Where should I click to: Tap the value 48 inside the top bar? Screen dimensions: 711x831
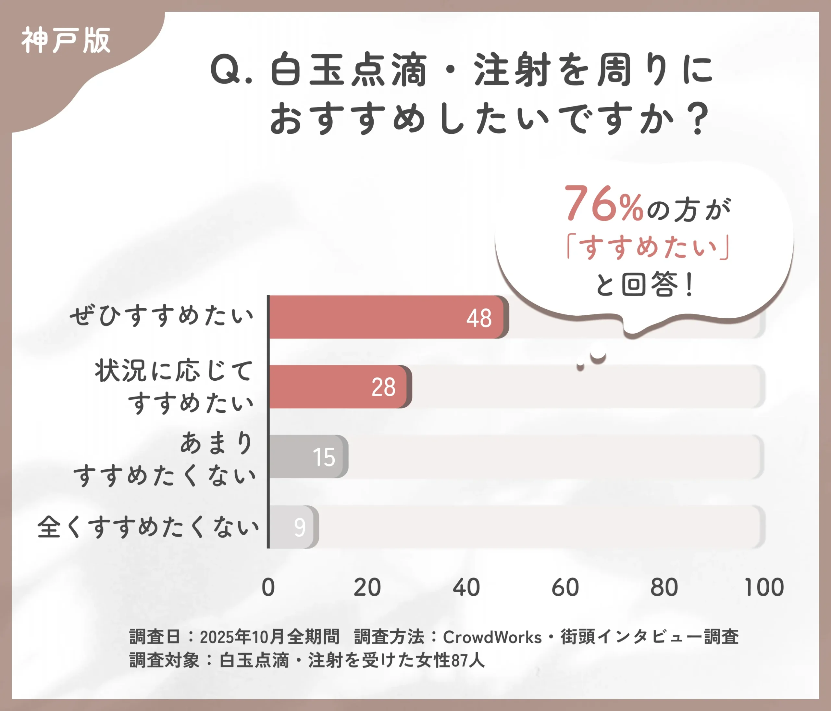478,319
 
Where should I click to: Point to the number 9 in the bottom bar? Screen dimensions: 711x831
300,527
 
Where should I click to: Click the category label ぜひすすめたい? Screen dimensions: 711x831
162,316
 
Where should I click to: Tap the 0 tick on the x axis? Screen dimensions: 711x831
268,588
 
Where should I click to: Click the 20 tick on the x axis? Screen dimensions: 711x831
367,588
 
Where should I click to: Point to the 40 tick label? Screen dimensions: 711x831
466,588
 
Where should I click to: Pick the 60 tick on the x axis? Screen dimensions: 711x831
565,588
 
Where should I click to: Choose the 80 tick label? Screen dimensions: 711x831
664,588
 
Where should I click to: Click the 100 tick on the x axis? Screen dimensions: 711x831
763,588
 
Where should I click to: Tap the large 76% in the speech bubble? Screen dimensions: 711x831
603,205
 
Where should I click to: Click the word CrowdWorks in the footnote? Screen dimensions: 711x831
492,637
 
